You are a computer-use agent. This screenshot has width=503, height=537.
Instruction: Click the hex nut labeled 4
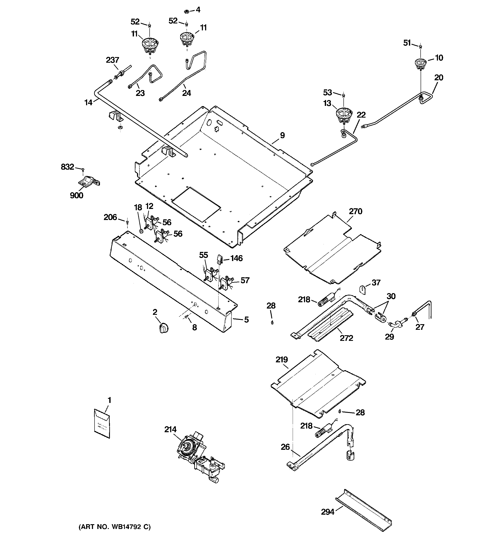coord(186,12)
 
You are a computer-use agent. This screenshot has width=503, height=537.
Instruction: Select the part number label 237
coord(112,60)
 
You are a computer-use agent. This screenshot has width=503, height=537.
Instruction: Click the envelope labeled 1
coord(102,427)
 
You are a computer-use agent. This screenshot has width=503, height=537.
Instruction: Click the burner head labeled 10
coord(420,64)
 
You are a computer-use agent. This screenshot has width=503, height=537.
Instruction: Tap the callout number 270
coord(355,211)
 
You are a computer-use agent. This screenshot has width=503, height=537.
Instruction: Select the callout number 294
coord(328,512)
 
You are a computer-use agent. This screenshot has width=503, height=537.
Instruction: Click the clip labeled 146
coord(219,259)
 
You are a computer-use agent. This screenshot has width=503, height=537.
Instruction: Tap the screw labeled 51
coord(420,47)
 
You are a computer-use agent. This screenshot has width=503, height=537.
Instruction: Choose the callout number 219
coord(282,360)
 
